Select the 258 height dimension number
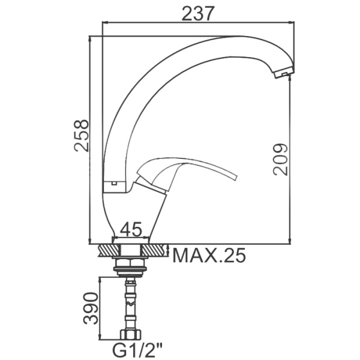[x=81, y=136]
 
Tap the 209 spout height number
[x=280, y=160]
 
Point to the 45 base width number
[x=131, y=229]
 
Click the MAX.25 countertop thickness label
[x=209, y=256]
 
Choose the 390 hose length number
[x=91, y=308]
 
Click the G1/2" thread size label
[x=137, y=350]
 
